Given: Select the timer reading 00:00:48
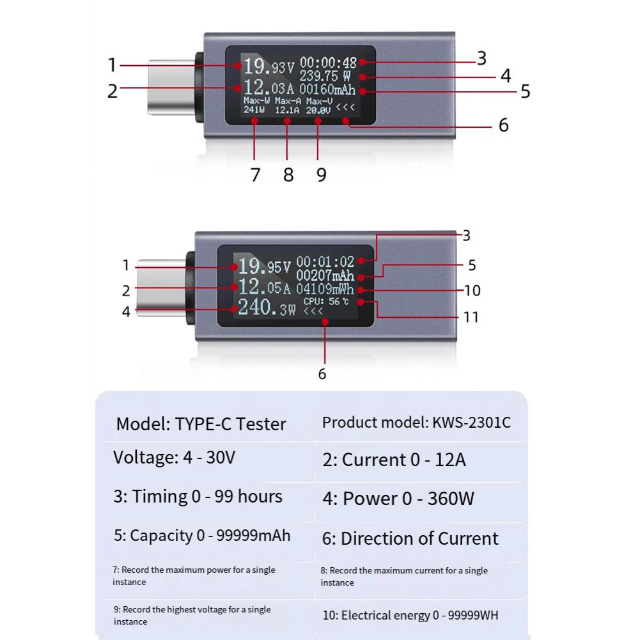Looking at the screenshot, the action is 328,63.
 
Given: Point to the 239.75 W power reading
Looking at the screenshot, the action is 325,77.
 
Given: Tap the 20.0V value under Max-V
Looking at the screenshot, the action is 317,110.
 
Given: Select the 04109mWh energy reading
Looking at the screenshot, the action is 325,289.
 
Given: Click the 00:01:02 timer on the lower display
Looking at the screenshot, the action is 325,261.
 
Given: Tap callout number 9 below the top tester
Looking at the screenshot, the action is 321,174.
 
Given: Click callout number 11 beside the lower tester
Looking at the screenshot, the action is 471,317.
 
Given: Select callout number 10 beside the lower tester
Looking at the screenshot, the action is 472,290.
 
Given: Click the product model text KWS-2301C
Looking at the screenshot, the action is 416,422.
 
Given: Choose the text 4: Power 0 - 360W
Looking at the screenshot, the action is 398,499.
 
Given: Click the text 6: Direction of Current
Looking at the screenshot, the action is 410,538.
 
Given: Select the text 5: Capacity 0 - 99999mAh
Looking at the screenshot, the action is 202,536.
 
